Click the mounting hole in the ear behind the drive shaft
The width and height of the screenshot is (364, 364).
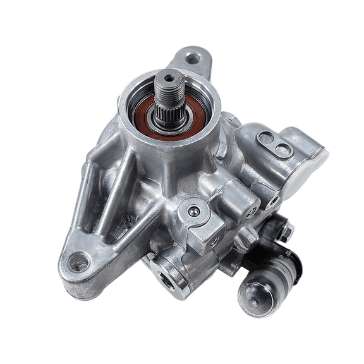193,59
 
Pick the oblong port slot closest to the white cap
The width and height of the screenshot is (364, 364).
282,150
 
